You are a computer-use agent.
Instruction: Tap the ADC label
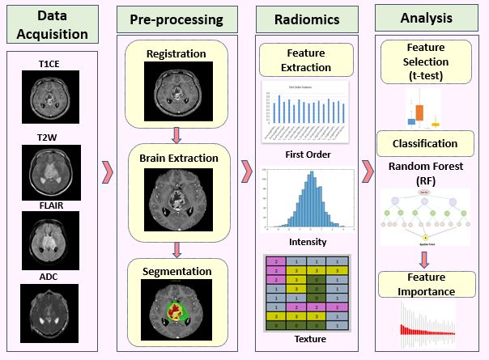point(52,278)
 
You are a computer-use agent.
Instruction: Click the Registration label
point(176,54)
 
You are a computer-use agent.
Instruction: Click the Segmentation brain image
point(176,308)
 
